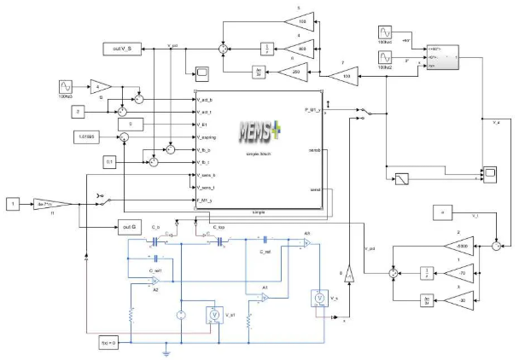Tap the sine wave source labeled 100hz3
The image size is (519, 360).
(x=65, y=87)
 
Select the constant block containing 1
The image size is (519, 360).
(x=12, y=203)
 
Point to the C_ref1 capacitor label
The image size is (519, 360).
(x=154, y=270)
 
